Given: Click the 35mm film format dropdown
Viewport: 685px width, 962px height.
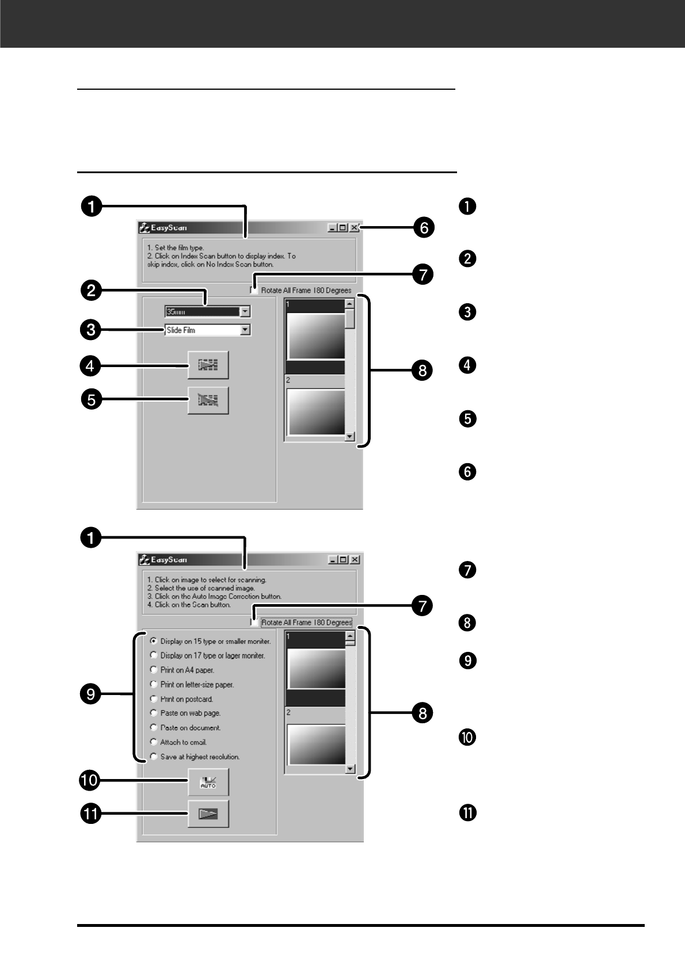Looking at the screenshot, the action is click(x=207, y=311).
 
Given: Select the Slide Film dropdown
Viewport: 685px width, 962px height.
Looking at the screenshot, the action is click(x=207, y=330).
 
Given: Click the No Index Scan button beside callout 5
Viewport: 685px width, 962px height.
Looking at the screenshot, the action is click(x=208, y=400).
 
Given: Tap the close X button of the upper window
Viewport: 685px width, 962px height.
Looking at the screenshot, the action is click(x=355, y=228).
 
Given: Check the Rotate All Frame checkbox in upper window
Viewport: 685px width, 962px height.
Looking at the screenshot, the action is click(x=254, y=290).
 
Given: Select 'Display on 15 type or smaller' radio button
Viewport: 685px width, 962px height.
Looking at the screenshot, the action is click(x=154, y=640).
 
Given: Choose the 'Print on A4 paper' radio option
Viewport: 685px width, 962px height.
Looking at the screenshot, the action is click(x=154, y=670).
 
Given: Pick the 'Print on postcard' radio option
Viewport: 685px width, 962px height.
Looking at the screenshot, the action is click(x=154, y=698).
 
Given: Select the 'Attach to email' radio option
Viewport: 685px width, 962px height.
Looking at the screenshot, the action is click(x=154, y=742).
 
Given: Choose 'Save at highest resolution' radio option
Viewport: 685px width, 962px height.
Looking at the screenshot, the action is click(x=154, y=757).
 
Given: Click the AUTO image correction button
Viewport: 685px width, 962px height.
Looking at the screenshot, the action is click(x=208, y=782).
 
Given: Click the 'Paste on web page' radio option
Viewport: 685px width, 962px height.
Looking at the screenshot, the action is click(x=154, y=713).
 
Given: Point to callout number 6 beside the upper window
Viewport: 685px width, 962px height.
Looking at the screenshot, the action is click(x=424, y=228).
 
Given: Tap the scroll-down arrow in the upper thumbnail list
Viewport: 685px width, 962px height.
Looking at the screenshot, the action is click(x=349, y=437).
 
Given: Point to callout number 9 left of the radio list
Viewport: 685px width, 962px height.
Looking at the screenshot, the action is click(x=91, y=694).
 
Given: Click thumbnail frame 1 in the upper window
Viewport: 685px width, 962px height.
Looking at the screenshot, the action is click(x=316, y=337).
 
